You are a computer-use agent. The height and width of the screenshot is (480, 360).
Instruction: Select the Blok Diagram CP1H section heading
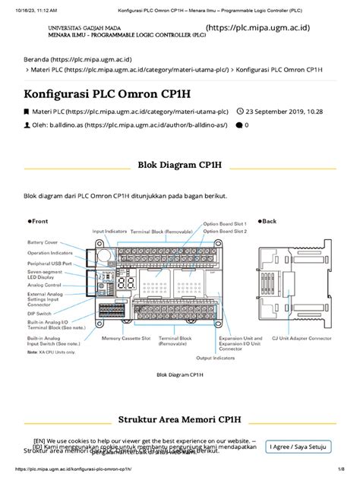pos(179,164)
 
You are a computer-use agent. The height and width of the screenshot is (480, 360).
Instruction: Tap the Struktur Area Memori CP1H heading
pos(180,420)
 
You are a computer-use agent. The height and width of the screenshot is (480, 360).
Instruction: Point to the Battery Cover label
pos(43,242)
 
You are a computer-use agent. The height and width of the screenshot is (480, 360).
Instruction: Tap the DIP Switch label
pos(39,313)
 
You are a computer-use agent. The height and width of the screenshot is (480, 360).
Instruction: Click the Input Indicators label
pos(109,231)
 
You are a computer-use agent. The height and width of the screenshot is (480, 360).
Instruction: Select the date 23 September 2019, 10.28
pos(279,111)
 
